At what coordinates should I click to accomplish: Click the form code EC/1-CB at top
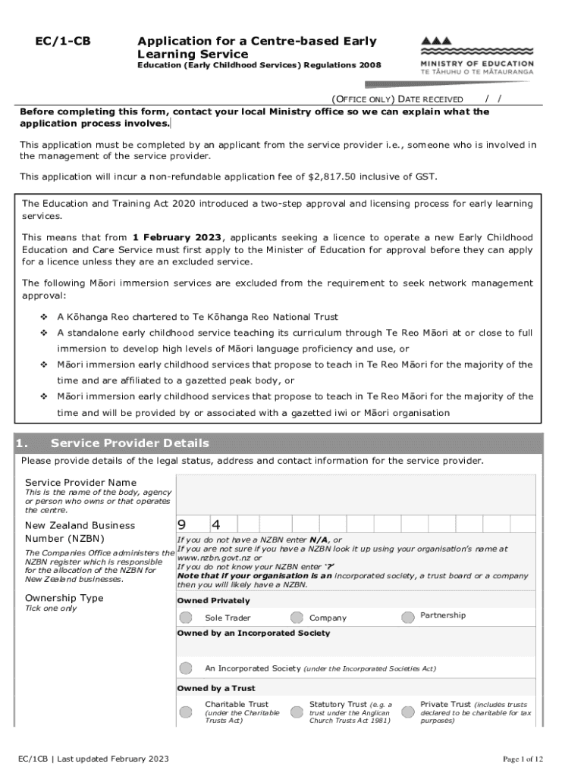65,42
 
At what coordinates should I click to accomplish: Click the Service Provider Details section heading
130,443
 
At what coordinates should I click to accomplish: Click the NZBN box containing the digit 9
194,525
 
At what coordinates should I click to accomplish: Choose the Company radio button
297,618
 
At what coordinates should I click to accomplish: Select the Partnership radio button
408,616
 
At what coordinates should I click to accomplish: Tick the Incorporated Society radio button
187,668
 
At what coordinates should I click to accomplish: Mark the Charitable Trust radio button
187,712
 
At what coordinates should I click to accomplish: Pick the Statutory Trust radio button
297,712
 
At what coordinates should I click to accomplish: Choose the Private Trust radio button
408,712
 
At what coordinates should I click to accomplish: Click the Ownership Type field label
64,598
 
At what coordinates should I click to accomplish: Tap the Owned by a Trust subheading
216,688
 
